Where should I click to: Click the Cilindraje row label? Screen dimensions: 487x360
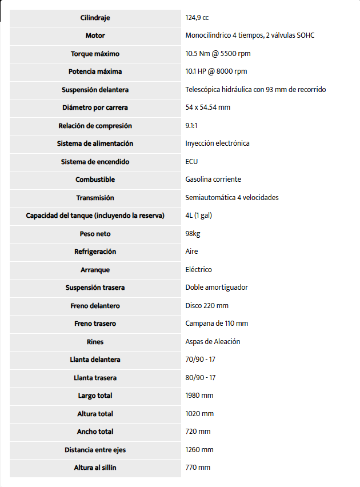tap(95, 18)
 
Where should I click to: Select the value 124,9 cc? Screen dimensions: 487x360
tap(197, 18)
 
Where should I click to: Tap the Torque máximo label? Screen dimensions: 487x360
tap(95, 54)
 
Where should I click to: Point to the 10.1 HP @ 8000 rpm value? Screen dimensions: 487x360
tap(216, 71)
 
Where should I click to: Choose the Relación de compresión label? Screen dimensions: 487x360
tap(95, 126)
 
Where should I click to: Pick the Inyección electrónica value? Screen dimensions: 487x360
tap(217, 143)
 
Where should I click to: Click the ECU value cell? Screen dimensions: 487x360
tap(191, 162)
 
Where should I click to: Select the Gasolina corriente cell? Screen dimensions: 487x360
tap(213, 179)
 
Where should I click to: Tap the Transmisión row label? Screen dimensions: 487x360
tap(95, 198)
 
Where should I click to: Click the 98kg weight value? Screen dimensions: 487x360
tap(193, 234)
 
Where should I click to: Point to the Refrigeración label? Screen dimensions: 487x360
tap(95, 252)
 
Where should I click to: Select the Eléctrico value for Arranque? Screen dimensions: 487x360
tap(198, 270)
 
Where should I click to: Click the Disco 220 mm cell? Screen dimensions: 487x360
tap(207, 306)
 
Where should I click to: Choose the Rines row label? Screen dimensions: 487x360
tap(95, 342)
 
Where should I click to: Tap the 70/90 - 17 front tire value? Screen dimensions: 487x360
tap(200, 360)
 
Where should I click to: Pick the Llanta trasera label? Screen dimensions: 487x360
tap(95, 378)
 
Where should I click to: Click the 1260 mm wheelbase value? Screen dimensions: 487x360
tap(199, 450)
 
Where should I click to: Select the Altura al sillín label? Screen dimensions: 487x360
tap(95, 468)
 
